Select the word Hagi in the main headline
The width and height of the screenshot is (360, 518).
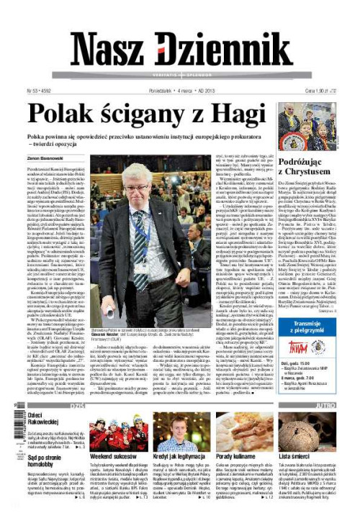238,112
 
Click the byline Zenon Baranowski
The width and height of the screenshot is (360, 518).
49,153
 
